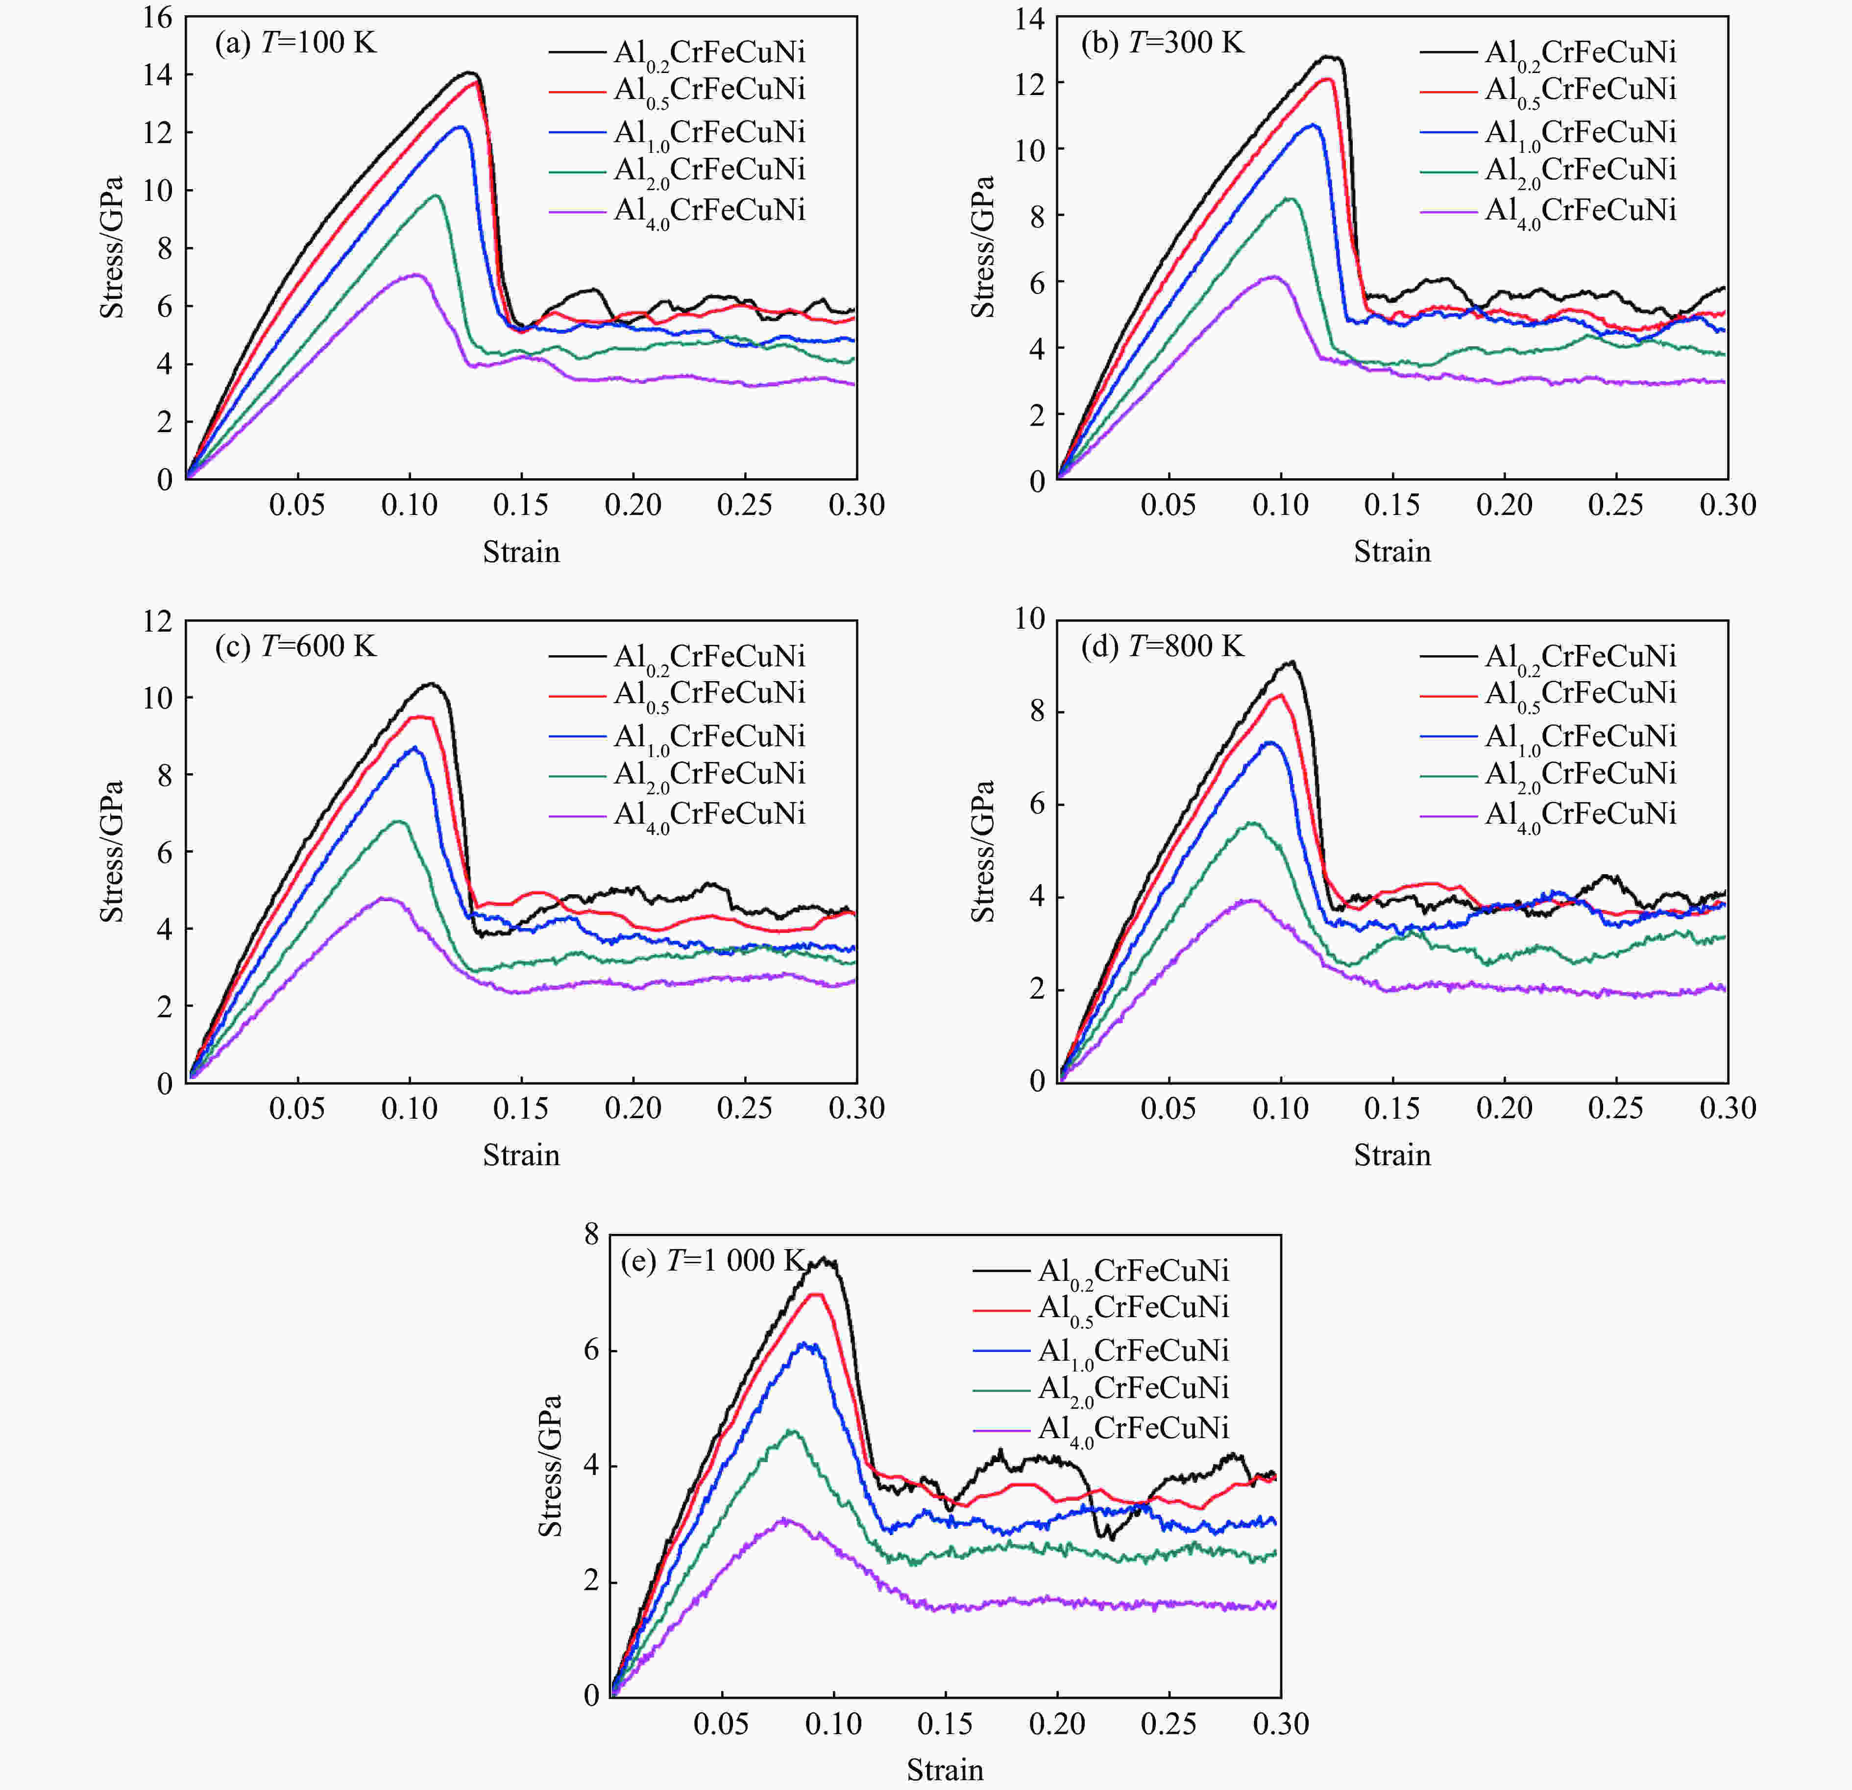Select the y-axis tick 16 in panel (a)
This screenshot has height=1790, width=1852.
pos(158,17)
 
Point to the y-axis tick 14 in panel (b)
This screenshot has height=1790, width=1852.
pos(1030,19)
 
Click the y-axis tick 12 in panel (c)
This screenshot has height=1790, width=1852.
pos(158,621)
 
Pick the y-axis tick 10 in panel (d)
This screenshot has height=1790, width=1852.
pos(1030,619)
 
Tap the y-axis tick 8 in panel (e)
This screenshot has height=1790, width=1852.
pos(591,1234)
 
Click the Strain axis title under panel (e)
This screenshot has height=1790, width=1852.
pos(945,1769)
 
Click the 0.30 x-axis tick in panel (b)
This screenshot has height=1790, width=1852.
pos(1727,505)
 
